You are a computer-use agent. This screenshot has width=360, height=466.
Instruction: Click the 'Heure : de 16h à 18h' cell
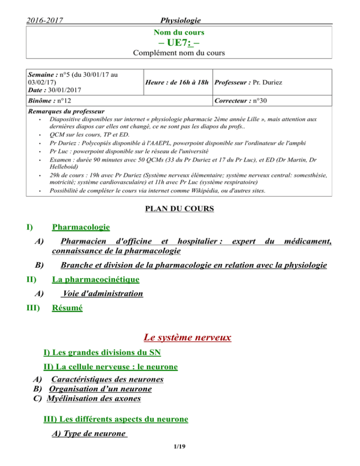178,83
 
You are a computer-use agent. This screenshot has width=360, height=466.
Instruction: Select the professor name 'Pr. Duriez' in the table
269,83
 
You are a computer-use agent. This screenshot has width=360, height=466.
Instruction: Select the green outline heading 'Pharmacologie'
81,227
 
